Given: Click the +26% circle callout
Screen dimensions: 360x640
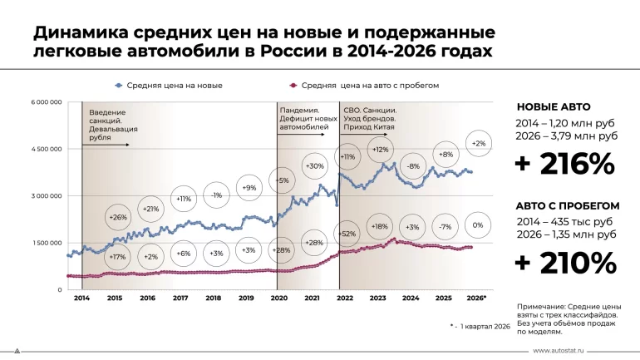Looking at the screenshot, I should coord(117,218).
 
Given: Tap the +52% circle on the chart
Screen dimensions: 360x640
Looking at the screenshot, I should coord(348,234).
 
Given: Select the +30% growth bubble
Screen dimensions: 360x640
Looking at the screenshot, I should coord(315,166).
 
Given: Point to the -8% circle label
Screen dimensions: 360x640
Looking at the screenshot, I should coord(413,166).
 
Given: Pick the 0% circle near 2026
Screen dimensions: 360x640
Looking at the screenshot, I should coord(478,226).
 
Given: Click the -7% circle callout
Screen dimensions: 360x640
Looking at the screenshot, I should coord(446,227).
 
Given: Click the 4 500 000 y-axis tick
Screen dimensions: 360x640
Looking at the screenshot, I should coord(46,149).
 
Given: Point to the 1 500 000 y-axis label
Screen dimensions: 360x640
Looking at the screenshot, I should coord(46,243).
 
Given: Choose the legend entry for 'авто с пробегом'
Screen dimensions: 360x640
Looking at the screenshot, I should coord(368,85).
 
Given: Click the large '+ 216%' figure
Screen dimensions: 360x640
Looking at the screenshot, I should coord(564,164).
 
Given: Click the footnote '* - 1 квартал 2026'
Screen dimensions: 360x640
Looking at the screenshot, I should coord(480,326).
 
